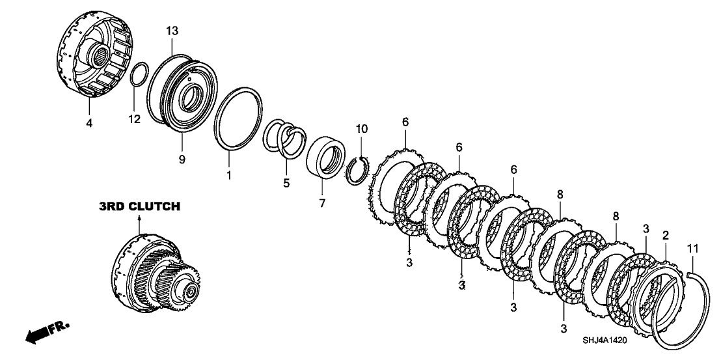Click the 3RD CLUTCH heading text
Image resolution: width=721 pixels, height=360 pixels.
(139, 207)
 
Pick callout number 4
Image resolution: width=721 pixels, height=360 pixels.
(89, 122)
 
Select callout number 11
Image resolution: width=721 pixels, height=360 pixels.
(692, 248)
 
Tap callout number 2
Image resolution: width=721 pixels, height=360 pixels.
(665, 235)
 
